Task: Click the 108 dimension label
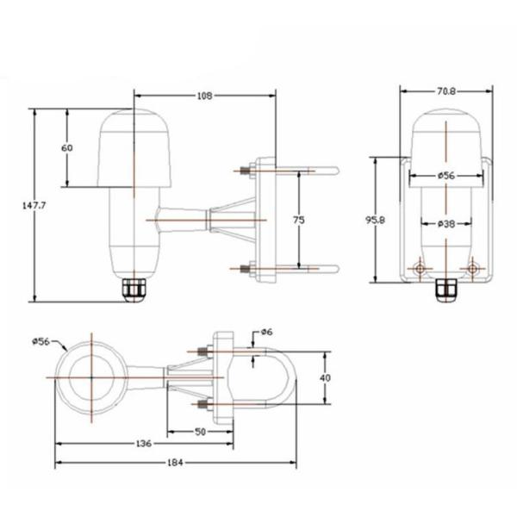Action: click(x=204, y=95)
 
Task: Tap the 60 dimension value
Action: click(x=67, y=147)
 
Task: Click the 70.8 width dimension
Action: click(x=446, y=89)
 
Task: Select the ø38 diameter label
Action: click(x=445, y=224)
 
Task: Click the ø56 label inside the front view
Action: click(x=445, y=176)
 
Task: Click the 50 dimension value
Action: click(x=200, y=430)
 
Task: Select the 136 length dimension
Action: click(x=143, y=444)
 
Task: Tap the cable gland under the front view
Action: click(x=445, y=293)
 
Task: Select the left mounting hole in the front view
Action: click(x=419, y=270)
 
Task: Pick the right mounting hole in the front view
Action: click(x=472, y=270)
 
